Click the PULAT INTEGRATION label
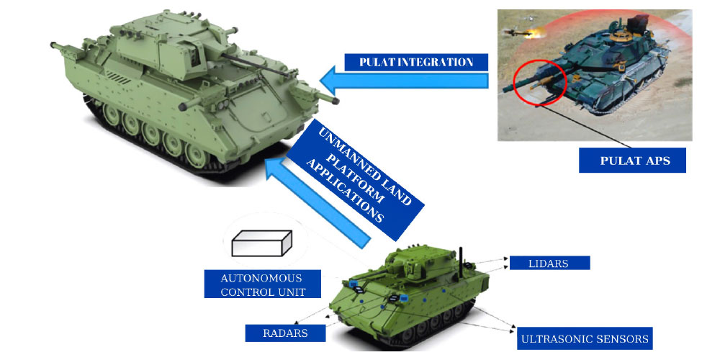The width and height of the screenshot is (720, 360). [416, 62]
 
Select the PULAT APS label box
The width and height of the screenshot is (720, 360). [632, 161]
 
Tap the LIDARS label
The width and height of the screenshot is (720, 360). [549, 263]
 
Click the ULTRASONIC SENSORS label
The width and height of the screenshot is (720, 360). [585, 338]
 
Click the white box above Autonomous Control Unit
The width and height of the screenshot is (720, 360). [261, 245]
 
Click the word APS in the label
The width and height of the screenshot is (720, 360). [657, 161]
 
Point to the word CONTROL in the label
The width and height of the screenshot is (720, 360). [247, 292]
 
